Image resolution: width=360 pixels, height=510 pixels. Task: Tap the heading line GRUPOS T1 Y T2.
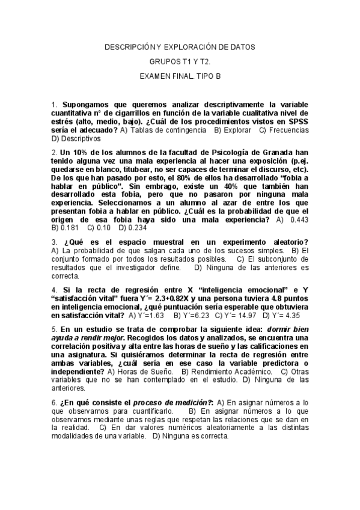coord(180,61)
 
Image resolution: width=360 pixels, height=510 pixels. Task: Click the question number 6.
coord(55,402)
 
